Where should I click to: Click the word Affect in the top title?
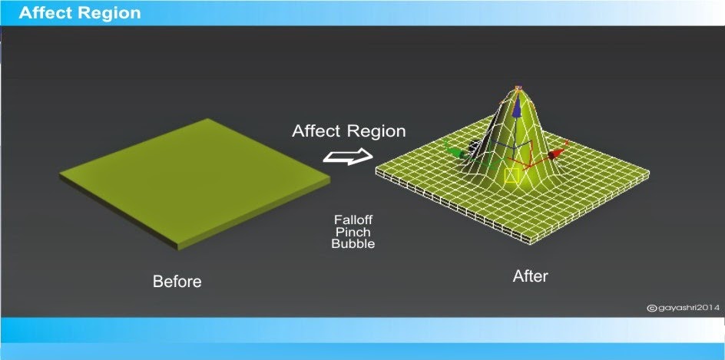[x=45, y=13]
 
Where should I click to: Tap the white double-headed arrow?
[x=348, y=157]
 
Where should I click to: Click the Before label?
[x=177, y=281]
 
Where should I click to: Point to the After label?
[x=531, y=276]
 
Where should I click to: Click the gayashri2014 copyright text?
[x=688, y=308]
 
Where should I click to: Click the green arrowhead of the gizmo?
[x=455, y=153]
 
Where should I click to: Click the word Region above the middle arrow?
[x=377, y=131]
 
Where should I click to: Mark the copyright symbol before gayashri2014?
[x=651, y=308]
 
